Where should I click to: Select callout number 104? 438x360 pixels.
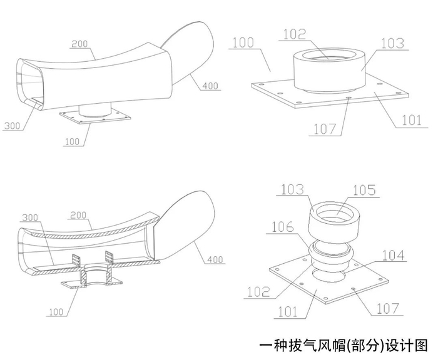[x=394, y=256]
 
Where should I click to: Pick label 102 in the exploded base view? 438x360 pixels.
[x=259, y=291]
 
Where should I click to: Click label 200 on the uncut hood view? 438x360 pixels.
[x=80, y=44]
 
